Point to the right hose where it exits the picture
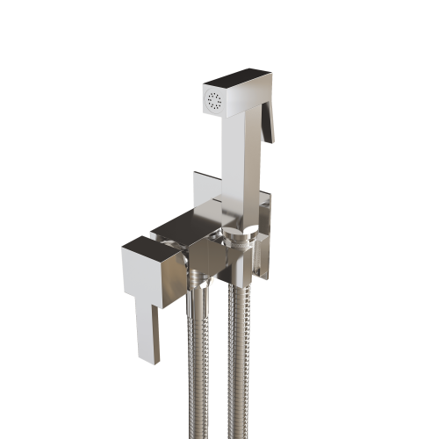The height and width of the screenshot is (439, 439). tap(239, 434)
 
